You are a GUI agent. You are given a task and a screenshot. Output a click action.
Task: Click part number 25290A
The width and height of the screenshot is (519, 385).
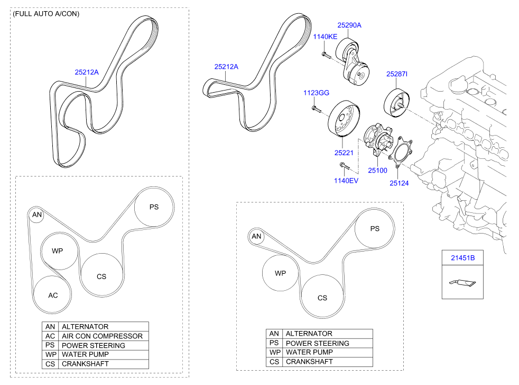349,25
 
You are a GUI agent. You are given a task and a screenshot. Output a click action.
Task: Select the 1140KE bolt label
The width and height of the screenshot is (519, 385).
325,37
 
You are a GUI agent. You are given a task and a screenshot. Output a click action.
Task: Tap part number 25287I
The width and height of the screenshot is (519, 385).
396,74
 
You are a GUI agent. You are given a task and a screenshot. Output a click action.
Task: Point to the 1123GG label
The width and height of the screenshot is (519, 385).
316,93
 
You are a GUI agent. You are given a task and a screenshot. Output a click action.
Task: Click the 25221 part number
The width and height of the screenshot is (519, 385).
343,153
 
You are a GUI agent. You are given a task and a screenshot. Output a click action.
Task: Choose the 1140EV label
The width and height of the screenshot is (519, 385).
346,181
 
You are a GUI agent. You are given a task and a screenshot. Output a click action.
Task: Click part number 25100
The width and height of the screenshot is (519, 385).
377,171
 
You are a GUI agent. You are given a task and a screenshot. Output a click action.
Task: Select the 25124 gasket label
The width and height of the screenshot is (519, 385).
399,183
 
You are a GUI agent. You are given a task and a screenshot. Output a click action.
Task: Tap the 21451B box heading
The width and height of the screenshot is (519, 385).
462,258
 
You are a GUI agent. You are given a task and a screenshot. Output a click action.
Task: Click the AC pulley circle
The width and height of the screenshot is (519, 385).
53,295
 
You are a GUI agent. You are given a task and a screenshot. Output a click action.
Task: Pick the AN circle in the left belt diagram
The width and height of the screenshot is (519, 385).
36,214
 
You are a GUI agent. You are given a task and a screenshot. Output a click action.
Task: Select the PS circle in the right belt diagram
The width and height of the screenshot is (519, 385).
375,229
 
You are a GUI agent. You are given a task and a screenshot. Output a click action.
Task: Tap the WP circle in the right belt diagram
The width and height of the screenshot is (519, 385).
280,273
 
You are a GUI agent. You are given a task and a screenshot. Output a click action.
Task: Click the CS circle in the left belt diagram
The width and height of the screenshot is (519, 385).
101,276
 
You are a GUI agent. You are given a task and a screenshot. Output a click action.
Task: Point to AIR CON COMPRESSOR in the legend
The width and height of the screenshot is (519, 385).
102,336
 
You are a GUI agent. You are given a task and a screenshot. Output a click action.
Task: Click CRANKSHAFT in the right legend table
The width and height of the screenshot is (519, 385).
309,362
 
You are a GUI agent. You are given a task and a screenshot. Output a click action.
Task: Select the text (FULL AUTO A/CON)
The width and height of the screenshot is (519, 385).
46,14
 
